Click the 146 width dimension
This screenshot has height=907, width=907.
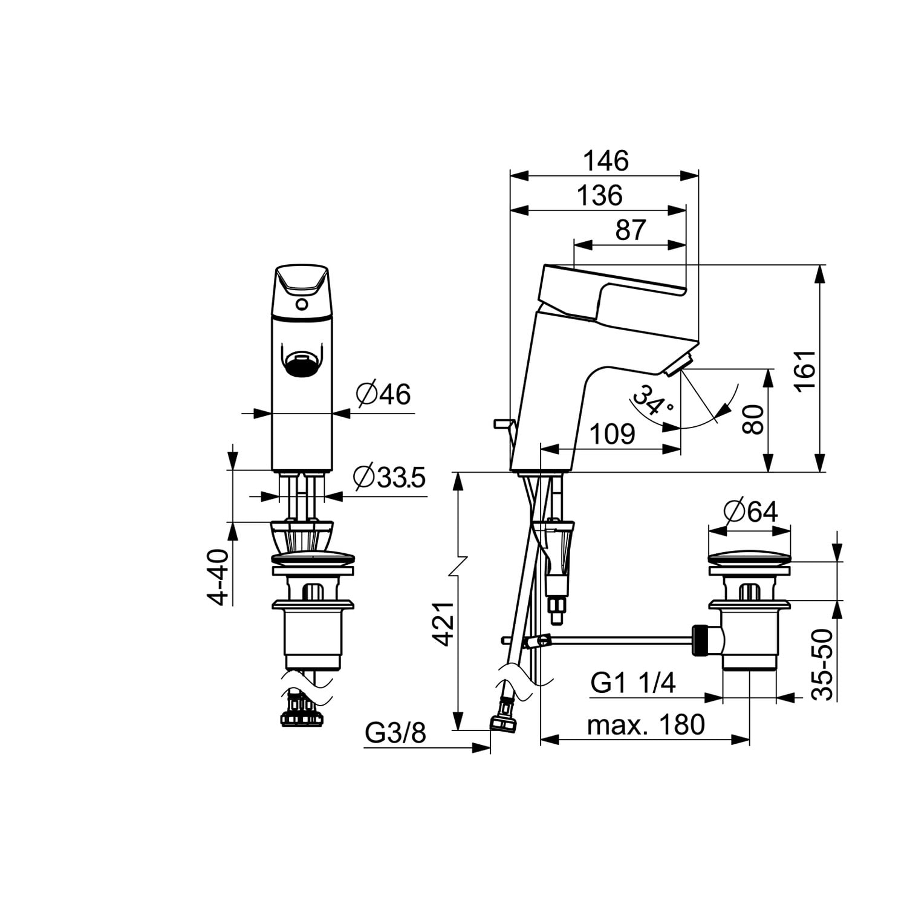(606, 161)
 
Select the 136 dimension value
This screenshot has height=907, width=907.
(599, 196)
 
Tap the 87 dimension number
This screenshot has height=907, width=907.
(631, 230)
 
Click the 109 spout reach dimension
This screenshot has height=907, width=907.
(612, 434)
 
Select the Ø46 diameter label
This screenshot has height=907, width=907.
(383, 395)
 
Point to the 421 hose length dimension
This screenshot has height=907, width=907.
(444, 624)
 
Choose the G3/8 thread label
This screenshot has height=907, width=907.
(395, 733)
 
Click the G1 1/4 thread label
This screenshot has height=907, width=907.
(632, 683)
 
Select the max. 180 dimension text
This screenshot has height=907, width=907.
(646, 724)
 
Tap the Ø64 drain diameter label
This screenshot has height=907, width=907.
(750, 512)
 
